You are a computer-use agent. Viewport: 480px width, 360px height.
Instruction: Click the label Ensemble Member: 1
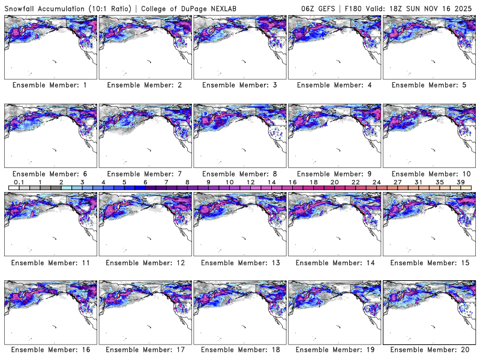coord(49,85)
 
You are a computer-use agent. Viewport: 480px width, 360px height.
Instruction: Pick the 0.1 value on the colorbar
coord(19,182)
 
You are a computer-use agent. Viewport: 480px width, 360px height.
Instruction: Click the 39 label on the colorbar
coord(461,182)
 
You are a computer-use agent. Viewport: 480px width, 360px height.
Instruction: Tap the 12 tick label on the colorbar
coord(250,182)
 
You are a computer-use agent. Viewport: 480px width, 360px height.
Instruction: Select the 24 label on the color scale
coord(377,182)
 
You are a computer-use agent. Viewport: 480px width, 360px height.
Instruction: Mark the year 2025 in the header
coord(466,7)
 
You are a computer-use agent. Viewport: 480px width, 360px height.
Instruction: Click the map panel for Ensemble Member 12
coord(145,224)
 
